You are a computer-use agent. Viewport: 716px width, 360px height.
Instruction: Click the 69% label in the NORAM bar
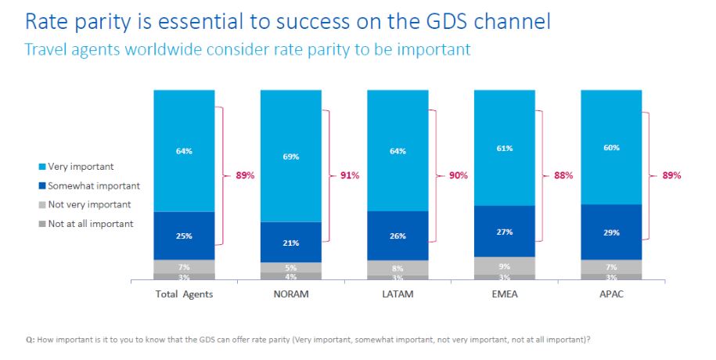pos(291,157)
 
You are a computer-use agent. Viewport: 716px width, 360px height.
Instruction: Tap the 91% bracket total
pos(350,175)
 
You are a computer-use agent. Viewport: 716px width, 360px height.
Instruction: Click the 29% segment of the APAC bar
pos(611,232)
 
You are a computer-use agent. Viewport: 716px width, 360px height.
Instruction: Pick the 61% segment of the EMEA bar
pos(505,149)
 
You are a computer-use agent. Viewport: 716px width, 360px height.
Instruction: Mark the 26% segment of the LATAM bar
pos(398,235)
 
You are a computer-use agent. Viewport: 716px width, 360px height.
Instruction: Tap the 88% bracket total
pos(563,175)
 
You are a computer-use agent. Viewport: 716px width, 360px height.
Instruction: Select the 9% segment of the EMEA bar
pos(505,265)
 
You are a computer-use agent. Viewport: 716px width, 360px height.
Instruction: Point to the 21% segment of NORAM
pos(291,243)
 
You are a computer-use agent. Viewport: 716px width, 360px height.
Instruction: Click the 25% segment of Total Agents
pos(184,236)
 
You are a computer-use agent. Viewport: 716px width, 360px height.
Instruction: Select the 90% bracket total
pos(458,175)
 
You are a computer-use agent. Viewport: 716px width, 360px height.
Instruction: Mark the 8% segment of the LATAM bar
pos(398,268)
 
